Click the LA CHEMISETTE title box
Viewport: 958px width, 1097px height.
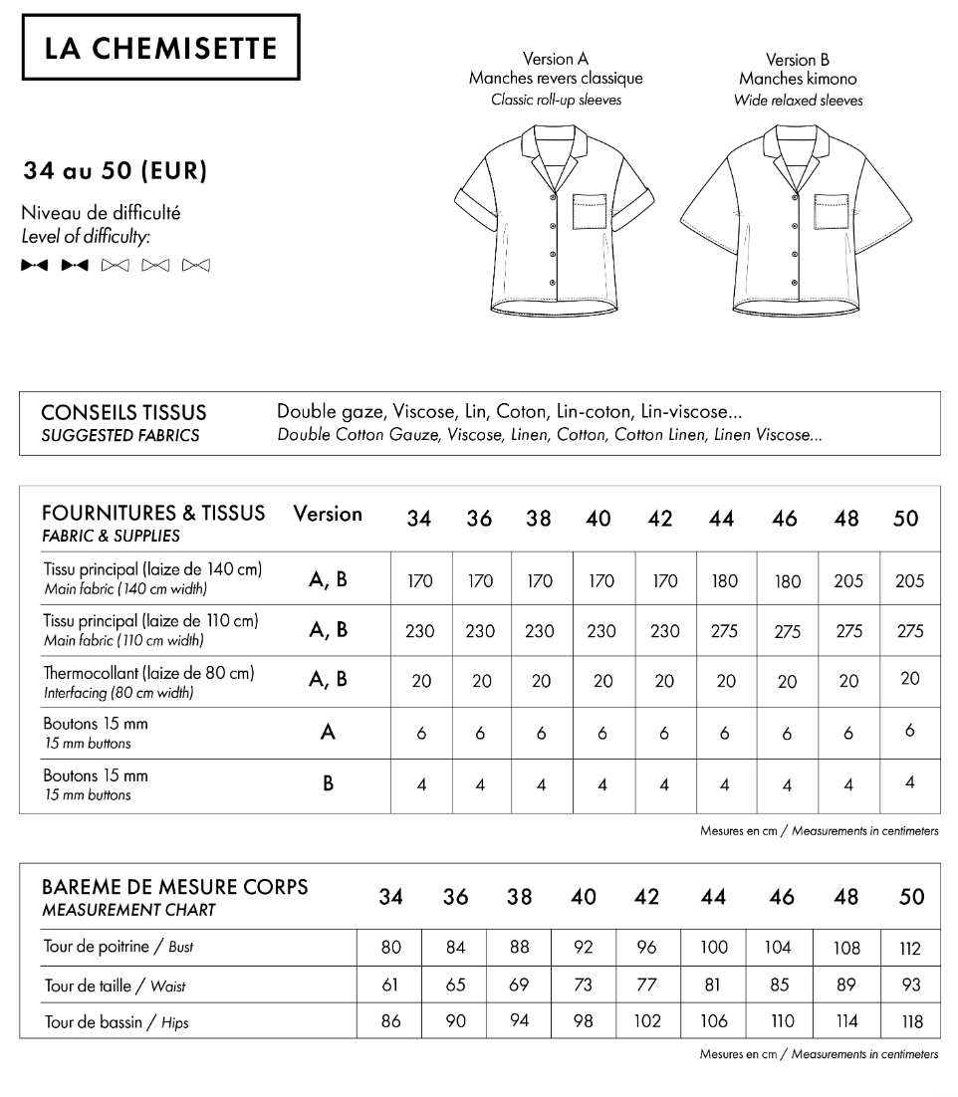click(x=160, y=47)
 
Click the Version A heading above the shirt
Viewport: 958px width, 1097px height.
click(x=555, y=59)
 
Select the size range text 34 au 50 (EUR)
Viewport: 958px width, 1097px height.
click(x=116, y=171)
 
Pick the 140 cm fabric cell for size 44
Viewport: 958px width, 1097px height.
click(x=725, y=581)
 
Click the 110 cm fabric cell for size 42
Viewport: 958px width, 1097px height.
click(x=664, y=631)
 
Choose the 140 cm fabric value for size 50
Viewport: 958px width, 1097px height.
click(x=909, y=581)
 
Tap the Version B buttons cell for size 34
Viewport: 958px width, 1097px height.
click(x=421, y=784)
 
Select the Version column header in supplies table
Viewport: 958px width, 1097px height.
click(x=328, y=515)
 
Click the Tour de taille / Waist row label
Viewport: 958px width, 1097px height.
click(x=115, y=987)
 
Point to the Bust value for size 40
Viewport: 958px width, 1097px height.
click(x=583, y=948)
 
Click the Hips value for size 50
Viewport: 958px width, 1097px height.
click(x=911, y=1021)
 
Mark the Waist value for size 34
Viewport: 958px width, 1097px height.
click(x=390, y=986)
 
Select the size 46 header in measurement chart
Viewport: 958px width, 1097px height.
click(x=782, y=897)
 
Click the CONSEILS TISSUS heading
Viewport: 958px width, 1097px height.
click(x=124, y=412)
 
